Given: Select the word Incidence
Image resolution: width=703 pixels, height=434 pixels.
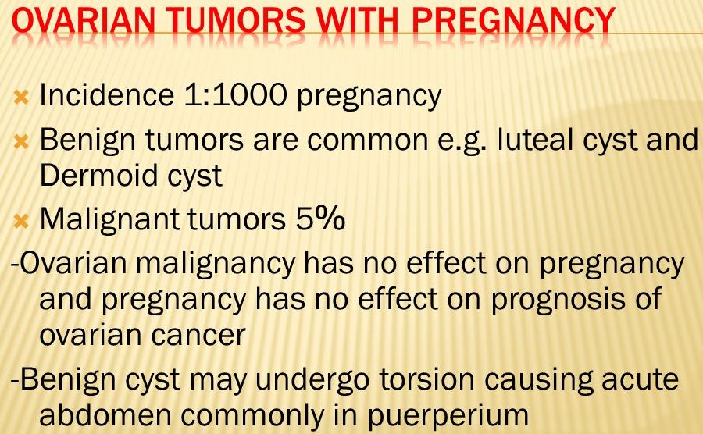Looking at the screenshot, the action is click(x=107, y=95).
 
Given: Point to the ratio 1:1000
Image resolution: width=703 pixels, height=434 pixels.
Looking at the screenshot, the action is click(x=235, y=95).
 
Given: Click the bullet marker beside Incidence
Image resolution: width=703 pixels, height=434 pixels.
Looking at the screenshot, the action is click(x=21, y=98).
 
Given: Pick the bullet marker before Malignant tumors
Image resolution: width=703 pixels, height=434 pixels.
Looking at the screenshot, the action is click(x=21, y=221).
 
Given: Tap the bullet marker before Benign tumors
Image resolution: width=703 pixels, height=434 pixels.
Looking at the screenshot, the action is click(x=21, y=142).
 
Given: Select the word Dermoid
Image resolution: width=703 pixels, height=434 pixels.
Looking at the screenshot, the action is click(x=98, y=175).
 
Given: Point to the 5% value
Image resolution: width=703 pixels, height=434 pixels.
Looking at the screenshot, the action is click(x=320, y=219).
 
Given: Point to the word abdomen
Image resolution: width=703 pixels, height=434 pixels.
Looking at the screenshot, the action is click(x=105, y=414).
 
